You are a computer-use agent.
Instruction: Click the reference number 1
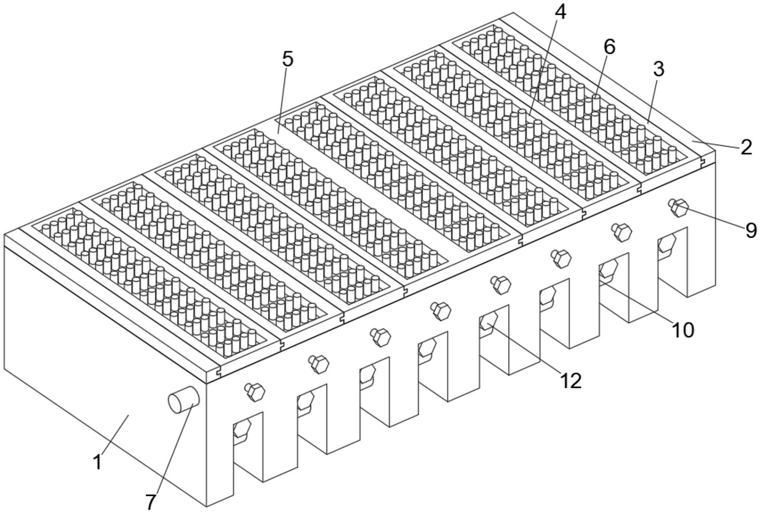[97, 462]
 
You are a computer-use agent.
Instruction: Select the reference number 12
[570, 380]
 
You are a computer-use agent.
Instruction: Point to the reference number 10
[682, 330]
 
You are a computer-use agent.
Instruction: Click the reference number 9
[751, 230]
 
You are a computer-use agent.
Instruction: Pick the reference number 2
[746, 147]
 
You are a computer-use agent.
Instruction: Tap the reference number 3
[658, 69]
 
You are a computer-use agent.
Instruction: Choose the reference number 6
[609, 47]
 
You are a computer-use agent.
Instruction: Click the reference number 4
[560, 12]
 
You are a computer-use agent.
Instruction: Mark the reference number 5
[288, 59]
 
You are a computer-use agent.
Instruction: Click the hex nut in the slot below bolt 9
[666, 245]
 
